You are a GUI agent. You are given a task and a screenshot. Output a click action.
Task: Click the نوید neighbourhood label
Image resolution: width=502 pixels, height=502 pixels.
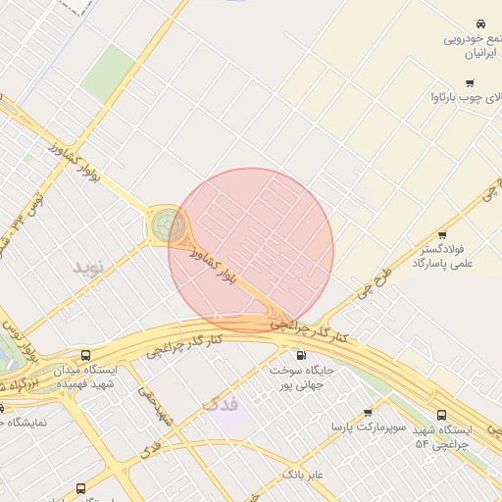pyautogui.click(x=87, y=266)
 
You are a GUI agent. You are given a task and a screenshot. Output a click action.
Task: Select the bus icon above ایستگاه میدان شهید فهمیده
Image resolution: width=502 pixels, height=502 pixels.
pyautogui.click(x=85, y=355)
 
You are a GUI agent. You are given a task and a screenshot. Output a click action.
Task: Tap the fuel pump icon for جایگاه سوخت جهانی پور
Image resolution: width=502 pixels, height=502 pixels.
pyautogui.click(x=300, y=355)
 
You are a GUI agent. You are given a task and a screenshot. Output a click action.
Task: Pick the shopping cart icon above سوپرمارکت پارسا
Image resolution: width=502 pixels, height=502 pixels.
pyautogui.click(x=368, y=413)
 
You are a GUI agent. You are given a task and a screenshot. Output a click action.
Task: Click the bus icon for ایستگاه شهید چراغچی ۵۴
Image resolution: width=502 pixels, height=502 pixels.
pyautogui.click(x=441, y=415)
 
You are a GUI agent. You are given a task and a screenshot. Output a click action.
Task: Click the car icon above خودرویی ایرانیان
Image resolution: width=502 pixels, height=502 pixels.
pyautogui.click(x=479, y=23)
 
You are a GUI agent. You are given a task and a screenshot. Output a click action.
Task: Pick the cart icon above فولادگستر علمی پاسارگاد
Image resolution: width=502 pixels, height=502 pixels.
pyautogui.click(x=442, y=234)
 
